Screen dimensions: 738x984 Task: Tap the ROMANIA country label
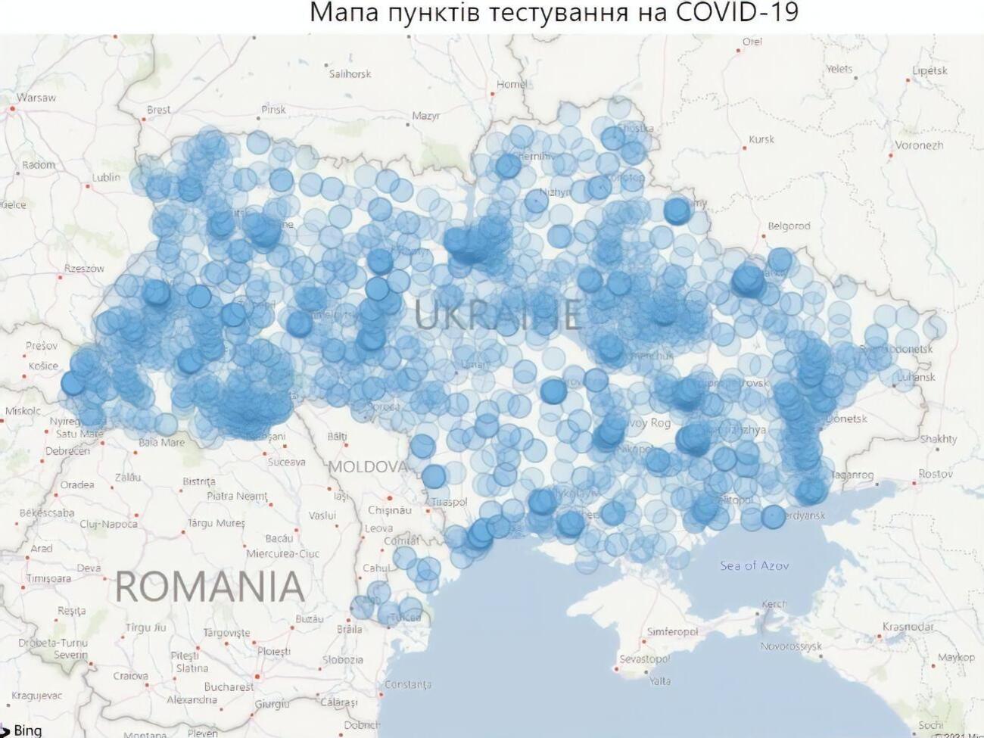point(210,587)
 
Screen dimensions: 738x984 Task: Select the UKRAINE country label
point(497,313)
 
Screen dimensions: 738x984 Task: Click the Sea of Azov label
point(754,565)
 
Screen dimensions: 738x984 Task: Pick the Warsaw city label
point(36,98)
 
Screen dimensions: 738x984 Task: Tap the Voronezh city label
point(919,145)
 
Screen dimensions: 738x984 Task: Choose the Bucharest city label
point(229,687)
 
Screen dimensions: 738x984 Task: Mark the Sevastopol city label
point(643,659)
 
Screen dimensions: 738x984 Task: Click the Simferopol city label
point(672,631)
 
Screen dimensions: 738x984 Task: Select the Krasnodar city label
point(908,627)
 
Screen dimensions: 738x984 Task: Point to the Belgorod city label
point(789,226)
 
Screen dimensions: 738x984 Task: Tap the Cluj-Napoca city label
point(108,524)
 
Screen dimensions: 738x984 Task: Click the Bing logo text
point(28,730)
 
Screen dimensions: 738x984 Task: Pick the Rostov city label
point(936,474)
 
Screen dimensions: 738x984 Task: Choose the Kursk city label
point(761,139)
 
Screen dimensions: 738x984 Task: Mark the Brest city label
point(158,110)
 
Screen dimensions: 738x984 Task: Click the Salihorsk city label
point(350,74)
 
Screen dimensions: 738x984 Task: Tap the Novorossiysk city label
point(790,646)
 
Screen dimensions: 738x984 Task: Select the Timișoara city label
point(48,578)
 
